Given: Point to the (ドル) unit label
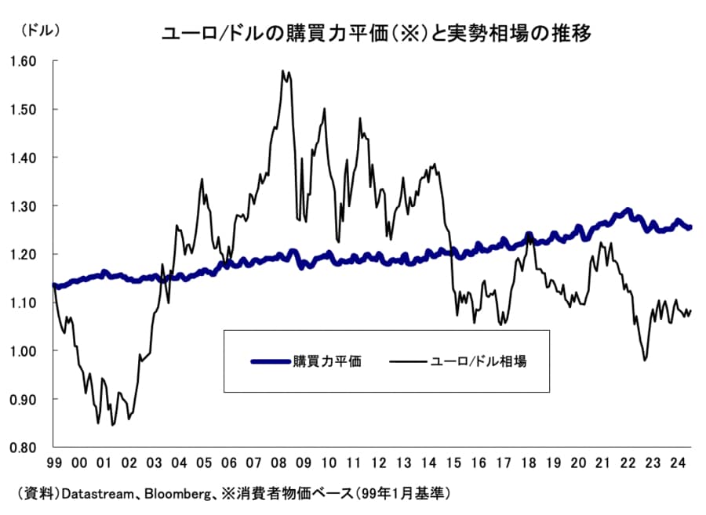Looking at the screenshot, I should click(38, 31).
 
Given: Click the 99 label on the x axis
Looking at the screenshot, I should click(54, 462).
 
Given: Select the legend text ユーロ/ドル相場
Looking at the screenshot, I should click(479, 361).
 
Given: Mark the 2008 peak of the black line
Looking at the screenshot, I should click(282, 71).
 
